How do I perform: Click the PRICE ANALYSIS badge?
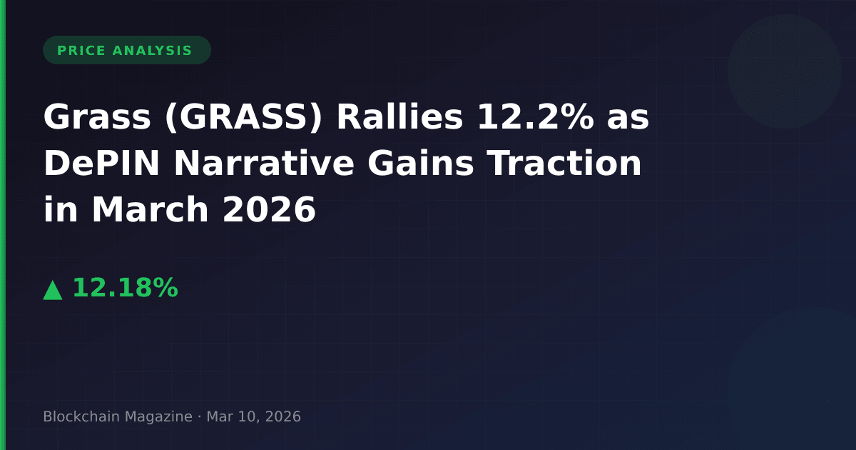[127, 50]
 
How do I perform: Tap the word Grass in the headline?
[97, 116]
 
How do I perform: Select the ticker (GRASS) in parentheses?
[243, 117]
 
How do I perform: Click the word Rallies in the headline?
[399, 116]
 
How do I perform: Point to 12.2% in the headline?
[535, 116]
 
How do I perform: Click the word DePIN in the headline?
[101, 163]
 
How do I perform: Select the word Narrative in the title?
[264, 163]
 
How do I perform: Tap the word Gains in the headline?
[421, 163]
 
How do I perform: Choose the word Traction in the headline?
[565, 163]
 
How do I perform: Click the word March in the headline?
[151, 209]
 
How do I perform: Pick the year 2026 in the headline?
[269, 209]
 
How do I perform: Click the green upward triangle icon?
[53, 291]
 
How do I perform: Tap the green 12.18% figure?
[126, 287]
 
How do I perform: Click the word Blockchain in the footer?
[81, 416]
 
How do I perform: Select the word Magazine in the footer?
[158, 417]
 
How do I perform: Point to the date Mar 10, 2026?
[254, 416]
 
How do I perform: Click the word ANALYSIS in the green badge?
[152, 51]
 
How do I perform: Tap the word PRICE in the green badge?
[81, 51]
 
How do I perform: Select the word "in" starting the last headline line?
[61, 209]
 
